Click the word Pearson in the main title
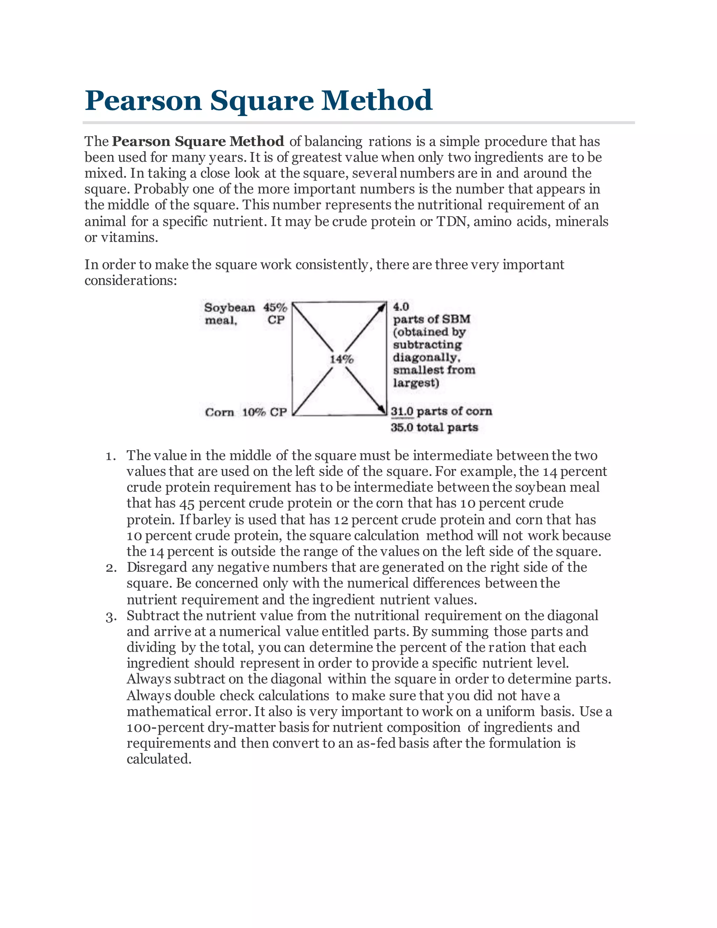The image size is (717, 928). pos(143,101)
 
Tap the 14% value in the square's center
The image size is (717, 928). pos(341,360)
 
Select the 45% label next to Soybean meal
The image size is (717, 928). pos(275,307)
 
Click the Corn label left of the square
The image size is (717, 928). pos(219,412)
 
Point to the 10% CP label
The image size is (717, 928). pos(264,412)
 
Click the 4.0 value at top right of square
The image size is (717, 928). pos(401,307)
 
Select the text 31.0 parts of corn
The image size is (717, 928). pos(441,411)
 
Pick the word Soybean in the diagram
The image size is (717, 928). pos(229,307)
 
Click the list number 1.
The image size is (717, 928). pos(110,456)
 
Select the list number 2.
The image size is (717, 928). pos(110,568)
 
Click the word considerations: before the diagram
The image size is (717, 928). pos(130,281)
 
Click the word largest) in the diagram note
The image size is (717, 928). pos(416,383)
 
